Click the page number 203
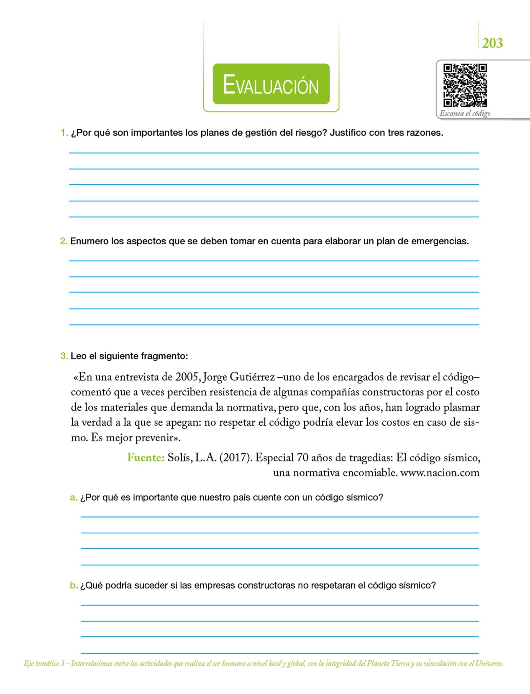tap(492, 43)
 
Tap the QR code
tap(465, 85)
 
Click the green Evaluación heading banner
tap(271, 84)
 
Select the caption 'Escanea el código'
tap(465, 114)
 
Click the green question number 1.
tap(64, 133)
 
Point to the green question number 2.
tap(63, 241)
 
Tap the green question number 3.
tap(64, 356)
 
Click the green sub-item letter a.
tap(74, 497)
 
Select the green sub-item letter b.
tap(74, 586)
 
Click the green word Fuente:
tap(146, 458)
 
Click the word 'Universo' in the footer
tap(489, 664)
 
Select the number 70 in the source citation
tap(302, 458)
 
